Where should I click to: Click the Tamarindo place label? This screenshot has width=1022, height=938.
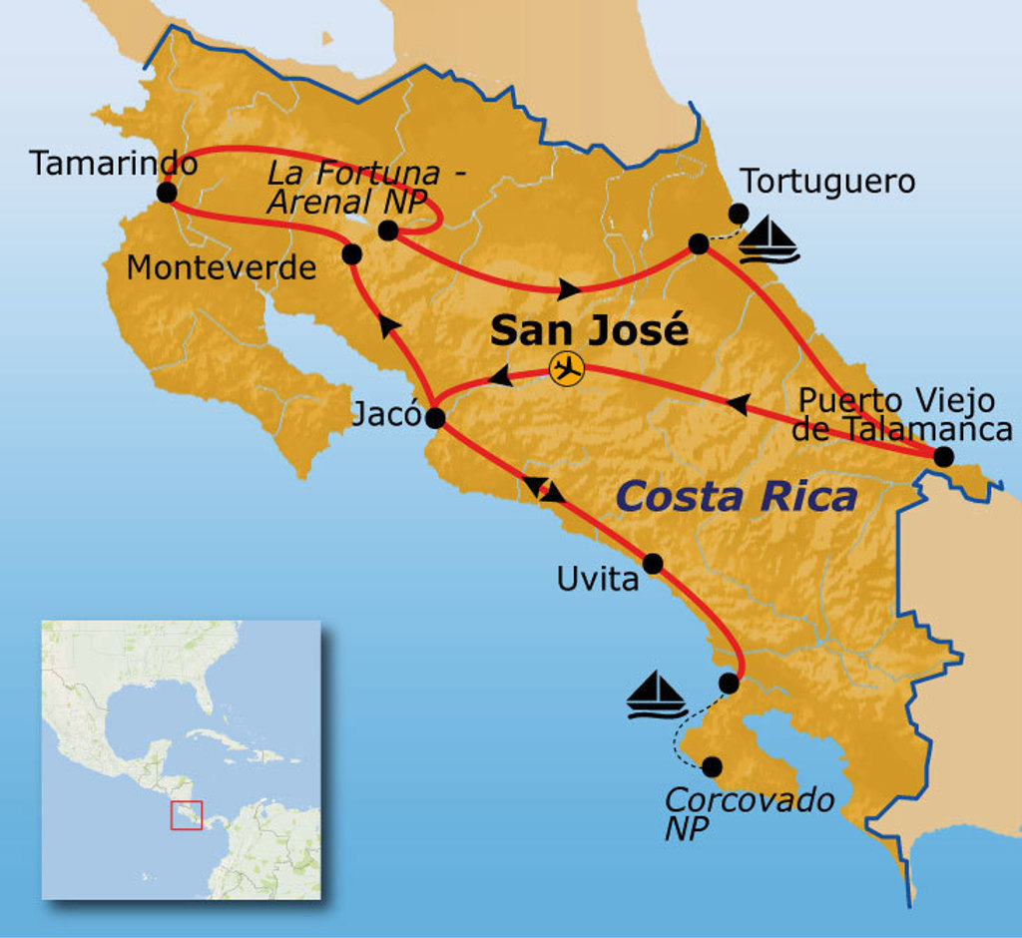(113, 163)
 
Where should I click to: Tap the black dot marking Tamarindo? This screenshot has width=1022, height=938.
(167, 193)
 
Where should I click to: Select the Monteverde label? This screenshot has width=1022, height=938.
(222, 267)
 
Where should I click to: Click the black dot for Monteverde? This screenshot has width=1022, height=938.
(351, 253)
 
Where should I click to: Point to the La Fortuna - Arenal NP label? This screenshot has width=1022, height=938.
(366, 186)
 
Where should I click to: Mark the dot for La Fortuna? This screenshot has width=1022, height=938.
(389, 232)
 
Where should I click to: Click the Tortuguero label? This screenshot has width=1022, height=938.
(827, 182)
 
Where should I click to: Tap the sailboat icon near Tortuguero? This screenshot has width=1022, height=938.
(771, 239)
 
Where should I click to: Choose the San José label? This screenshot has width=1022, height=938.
(589, 329)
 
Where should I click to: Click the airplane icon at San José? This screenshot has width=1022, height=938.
(567, 369)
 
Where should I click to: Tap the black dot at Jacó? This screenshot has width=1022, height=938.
(434, 418)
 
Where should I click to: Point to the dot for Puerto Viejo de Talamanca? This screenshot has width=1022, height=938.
(943, 457)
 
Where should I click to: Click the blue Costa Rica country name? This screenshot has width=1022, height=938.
(737, 496)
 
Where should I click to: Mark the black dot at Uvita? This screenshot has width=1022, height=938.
(653, 564)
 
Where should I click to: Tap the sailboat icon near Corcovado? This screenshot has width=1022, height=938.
(656, 695)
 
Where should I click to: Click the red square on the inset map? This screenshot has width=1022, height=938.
(187, 814)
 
